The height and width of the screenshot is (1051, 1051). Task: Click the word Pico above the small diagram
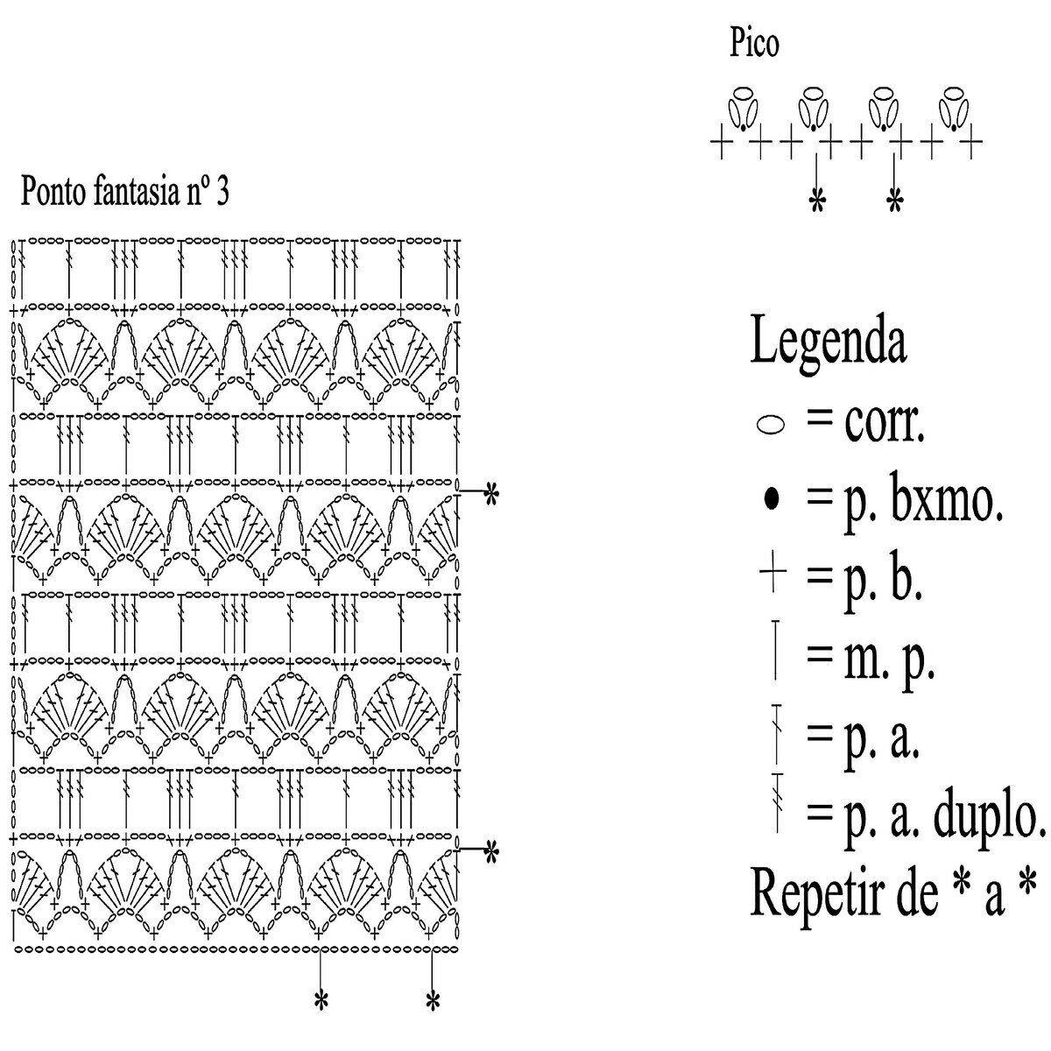pyautogui.click(x=753, y=44)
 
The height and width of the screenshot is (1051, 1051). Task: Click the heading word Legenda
pyautogui.click(x=828, y=342)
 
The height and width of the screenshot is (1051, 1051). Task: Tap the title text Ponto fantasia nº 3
pyautogui.click(x=124, y=190)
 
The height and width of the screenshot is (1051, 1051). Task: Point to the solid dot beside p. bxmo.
pyautogui.click(x=771, y=500)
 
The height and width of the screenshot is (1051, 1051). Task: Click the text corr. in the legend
pyautogui.click(x=885, y=425)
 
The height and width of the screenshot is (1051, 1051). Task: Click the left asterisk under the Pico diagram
pyautogui.click(x=816, y=202)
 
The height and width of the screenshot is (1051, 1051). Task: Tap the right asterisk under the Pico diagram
pyautogui.click(x=893, y=202)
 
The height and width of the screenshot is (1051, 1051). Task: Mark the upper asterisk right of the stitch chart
pyautogui.click(x=490, y=494)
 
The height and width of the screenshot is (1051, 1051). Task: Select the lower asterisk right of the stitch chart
pyautogui.click(x=490, y=850)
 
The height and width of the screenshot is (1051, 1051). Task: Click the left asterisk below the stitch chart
pyautogui.click(x=321, y=1000)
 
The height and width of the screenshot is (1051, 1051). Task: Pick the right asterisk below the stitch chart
pyautogui.click(x=432, y=1000)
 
